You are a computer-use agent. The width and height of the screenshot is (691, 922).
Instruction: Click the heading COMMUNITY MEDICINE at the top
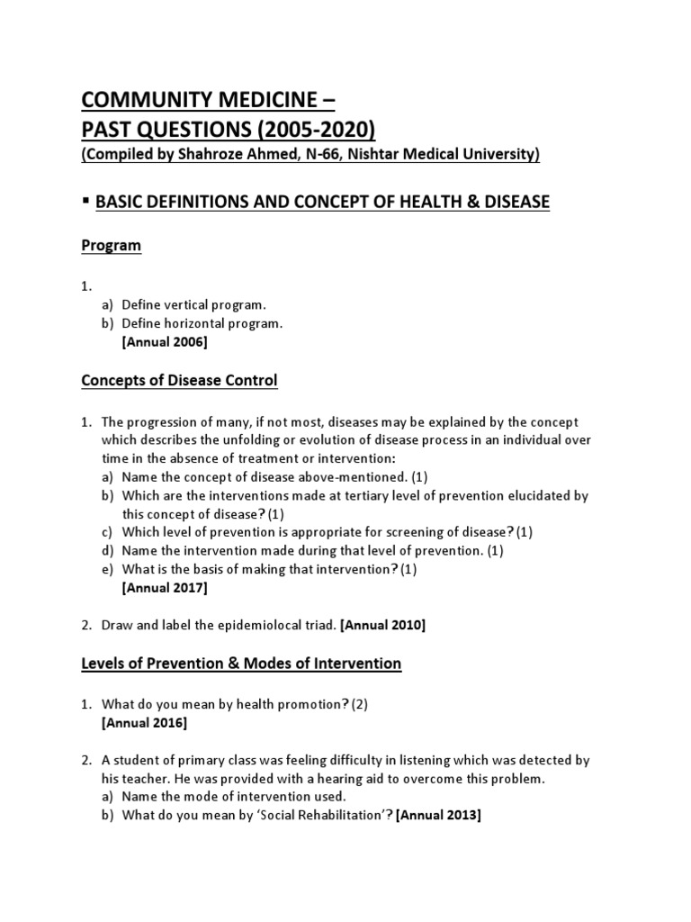tap(201, 98)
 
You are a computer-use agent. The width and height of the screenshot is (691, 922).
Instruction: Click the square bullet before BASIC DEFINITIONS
tap(85, 201)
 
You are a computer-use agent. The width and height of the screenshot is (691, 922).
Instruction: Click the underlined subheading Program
tap(112, 246)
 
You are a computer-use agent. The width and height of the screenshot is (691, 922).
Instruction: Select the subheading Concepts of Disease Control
tap(179, 381)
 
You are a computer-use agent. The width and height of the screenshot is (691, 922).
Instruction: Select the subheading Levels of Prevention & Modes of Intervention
tap(241, 664)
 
